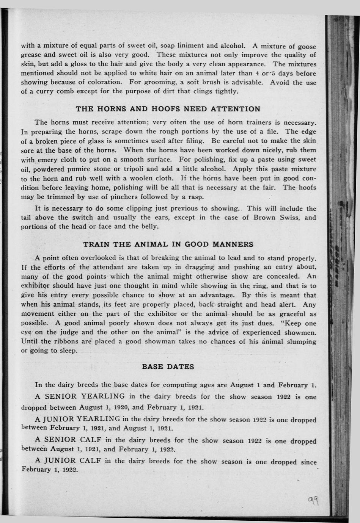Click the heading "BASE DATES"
168,366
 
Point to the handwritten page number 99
313,503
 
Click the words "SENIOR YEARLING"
85,396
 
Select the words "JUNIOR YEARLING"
82,419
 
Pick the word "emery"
47,160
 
